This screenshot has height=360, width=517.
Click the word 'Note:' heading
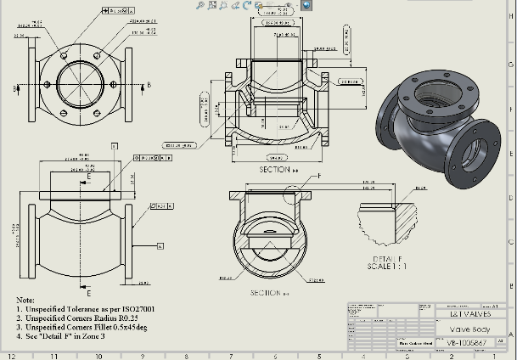pyautogui.click(x=26, y=301)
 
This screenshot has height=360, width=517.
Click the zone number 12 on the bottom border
pyautogui.click(x=11, y=356)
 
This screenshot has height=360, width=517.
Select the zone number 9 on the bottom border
pyautogui.click(x=142, y=356)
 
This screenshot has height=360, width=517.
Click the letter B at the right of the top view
pyautogui.click(x=149, y=85)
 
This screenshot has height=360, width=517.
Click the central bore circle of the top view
pyautogui.click(x=81, y=83)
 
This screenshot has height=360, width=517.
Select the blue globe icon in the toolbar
pyautogui.click(x=306, y=5)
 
